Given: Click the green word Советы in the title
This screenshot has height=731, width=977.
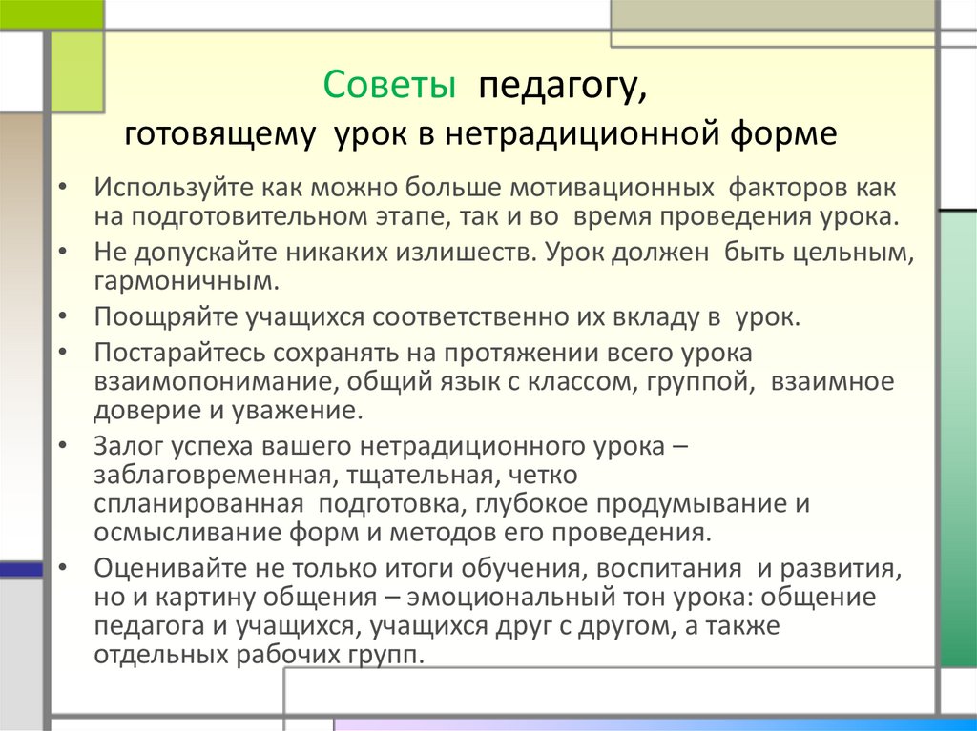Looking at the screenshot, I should point(387,86).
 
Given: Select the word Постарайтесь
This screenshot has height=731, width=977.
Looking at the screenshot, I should point(182,353).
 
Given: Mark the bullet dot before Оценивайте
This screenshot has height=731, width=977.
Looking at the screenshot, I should point(62,568).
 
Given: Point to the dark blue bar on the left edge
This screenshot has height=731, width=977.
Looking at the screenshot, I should point(21,569).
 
